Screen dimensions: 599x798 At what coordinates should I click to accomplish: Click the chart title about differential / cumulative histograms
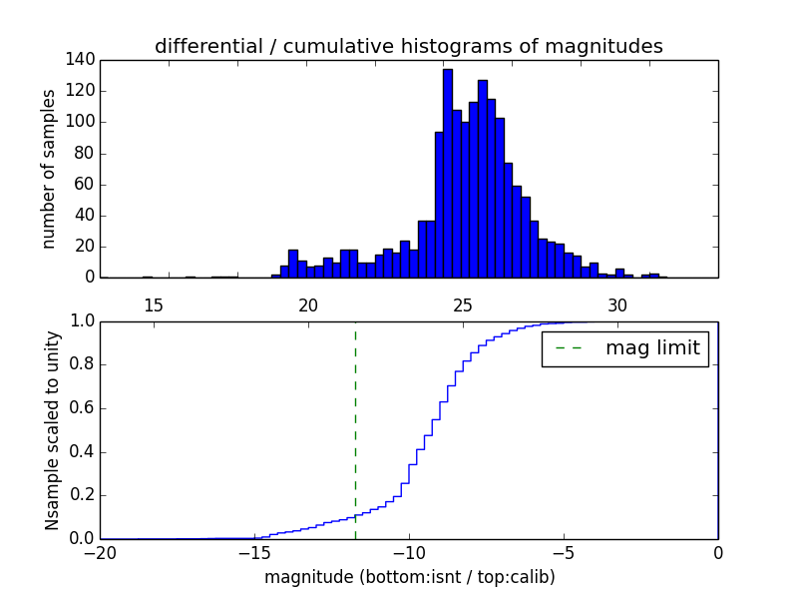pos(408,46)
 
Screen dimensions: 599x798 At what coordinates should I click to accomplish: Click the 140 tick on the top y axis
pos(83,60)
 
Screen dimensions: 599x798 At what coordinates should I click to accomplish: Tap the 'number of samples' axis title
pos(49,169)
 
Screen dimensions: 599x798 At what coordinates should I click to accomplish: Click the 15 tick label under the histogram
pos(153,305)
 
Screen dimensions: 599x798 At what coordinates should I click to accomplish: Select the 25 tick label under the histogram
pos(463,305)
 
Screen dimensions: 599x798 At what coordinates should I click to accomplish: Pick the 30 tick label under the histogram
pos(617,305)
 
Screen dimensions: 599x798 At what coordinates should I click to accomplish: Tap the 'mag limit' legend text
pos(652,348)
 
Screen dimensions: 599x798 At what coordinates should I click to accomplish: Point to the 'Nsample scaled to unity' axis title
pos(52,430)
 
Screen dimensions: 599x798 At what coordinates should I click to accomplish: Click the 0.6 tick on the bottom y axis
pos(83,408)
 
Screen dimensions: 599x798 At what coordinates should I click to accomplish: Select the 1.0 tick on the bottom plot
pos(83,321)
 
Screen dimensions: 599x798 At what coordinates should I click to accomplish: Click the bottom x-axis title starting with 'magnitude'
pos(409,577)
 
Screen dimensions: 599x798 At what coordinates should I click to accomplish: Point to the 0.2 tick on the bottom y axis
pos(83,495)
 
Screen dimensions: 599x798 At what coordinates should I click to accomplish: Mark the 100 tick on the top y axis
pos(83,122)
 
